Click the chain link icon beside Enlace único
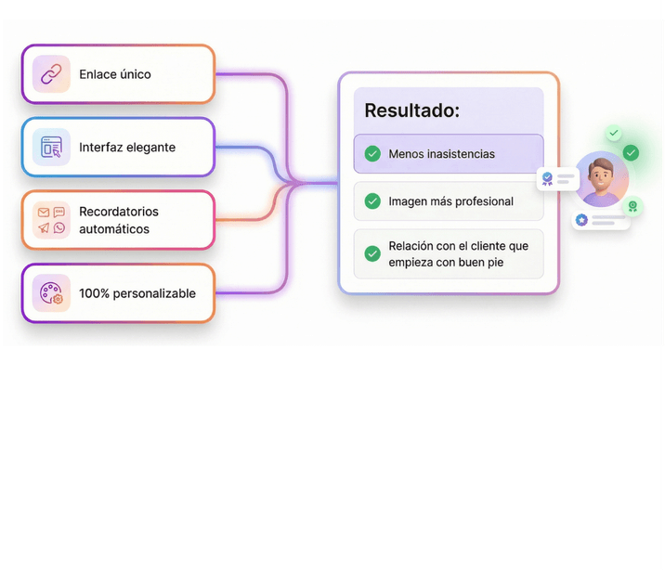click(51, 74)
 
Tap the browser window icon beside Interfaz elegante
click(51, 147)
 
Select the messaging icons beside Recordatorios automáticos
click(51, 220)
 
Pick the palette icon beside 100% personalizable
click(51, 293)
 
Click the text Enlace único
click(114, 74)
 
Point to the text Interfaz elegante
click(126, 147)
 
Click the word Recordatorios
click(119, 212)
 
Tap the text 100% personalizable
click(137, 293)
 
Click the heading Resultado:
click(411, 110)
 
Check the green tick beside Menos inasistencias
click(372, 154)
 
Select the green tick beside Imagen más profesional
click(372, 201)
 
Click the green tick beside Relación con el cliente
click(372, 253)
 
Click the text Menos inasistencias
click(441, 154)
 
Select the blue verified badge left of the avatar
click(547, 178)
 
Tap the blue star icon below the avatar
click(581, 220)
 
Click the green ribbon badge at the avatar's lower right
click(632, 206)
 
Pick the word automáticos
click(113, 229)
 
